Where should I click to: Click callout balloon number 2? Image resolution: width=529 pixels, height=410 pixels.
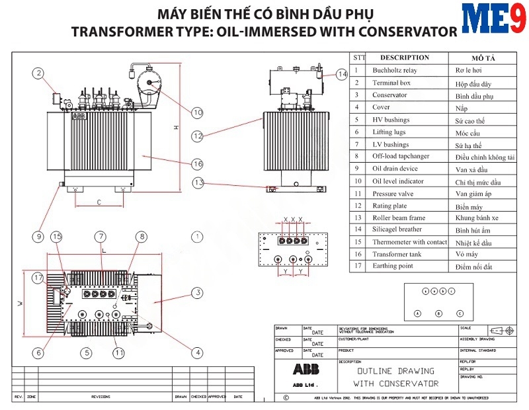pyautogui.click(x=39, y=73)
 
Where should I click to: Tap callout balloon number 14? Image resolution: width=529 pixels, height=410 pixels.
pyautogui.click(x=341, y=75)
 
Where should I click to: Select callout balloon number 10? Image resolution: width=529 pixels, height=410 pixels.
pyautogui.click(x=197, y=113)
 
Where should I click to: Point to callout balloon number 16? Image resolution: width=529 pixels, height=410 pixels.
pyautogui.click(x=197, y=163)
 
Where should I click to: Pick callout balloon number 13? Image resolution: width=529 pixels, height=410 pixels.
pyautogui.click(x=197, y=183)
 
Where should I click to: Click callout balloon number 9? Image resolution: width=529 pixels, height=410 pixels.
pyautogui.click(x=39, y=236)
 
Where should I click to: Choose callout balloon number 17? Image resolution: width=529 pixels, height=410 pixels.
pyautogui.click(x=39, y=278)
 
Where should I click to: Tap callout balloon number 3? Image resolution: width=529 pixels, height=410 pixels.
pyautogui.click(x=197, y=292)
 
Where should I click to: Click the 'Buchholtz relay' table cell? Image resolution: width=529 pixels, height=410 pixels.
pyautogui.click(x=394, y=70)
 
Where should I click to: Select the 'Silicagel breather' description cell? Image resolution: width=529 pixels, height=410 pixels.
pyautogui.click(x=397, y=229)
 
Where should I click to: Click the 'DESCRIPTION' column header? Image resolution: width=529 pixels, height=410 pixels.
pyautogui.click(x=405, y=58)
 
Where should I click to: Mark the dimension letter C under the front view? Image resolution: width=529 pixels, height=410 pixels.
pyautogui.click(x=99, y=202)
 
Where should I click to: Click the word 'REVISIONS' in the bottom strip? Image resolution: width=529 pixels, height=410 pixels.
pyautogui.click(x=101, y=397)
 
